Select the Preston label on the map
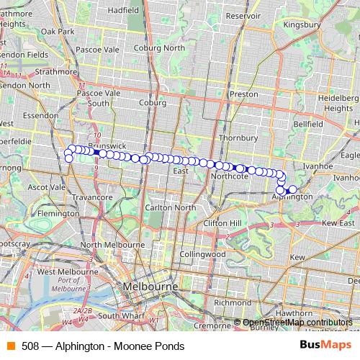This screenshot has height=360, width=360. click(x=243, y=94)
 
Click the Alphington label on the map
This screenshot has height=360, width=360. click(x=295, y=196)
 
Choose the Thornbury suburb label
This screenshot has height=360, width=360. click(x=238, y=137)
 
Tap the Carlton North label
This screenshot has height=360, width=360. click(x=171, y=207)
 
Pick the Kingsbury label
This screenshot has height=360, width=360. click(x=301, y=24)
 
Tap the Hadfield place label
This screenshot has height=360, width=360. click(x=122, y=11)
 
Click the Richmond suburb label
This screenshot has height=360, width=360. click(x=232, y=302)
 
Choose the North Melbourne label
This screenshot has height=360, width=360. click(x=111, y=245)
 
